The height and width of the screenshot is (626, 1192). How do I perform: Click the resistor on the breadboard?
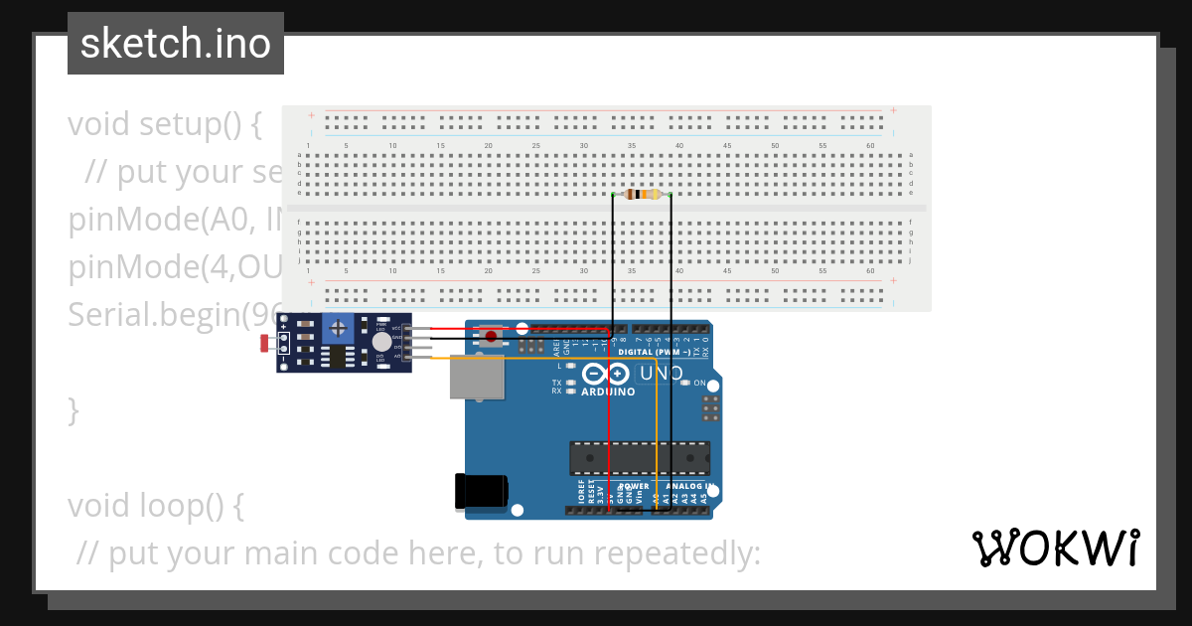pyautogui.click(x=642, y=195)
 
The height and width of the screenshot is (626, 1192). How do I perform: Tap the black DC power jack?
pyautogui.click(x=482, y=492)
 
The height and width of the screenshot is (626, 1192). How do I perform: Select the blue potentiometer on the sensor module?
pyautogui.click(x=340, y=326)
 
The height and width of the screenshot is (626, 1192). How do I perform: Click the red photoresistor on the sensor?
pyautogui.click(x=265, y=344)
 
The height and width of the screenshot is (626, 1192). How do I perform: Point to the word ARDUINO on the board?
pyautogui.click(x=608, y=392)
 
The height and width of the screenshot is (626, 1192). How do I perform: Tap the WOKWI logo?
pyautogui.click(x=1055, y=548)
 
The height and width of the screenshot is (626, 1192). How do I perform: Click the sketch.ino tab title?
pyautogui.click(x=176, y=44)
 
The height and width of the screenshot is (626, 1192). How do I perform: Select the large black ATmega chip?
pyautogui.click(x=639, y=457)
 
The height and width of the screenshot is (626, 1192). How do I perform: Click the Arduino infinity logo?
pyautogui.click(x=606, y=374)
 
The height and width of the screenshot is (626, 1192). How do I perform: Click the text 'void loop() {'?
pyautogui.click(x=155, y=506)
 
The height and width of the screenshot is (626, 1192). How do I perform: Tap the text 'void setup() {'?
pyautogui.click(x=165, y=125)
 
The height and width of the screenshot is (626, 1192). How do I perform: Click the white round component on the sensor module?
pyautogui.click(x=381, y=342)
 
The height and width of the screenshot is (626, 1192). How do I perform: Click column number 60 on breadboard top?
pyautogui.click(x=870, y=146)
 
